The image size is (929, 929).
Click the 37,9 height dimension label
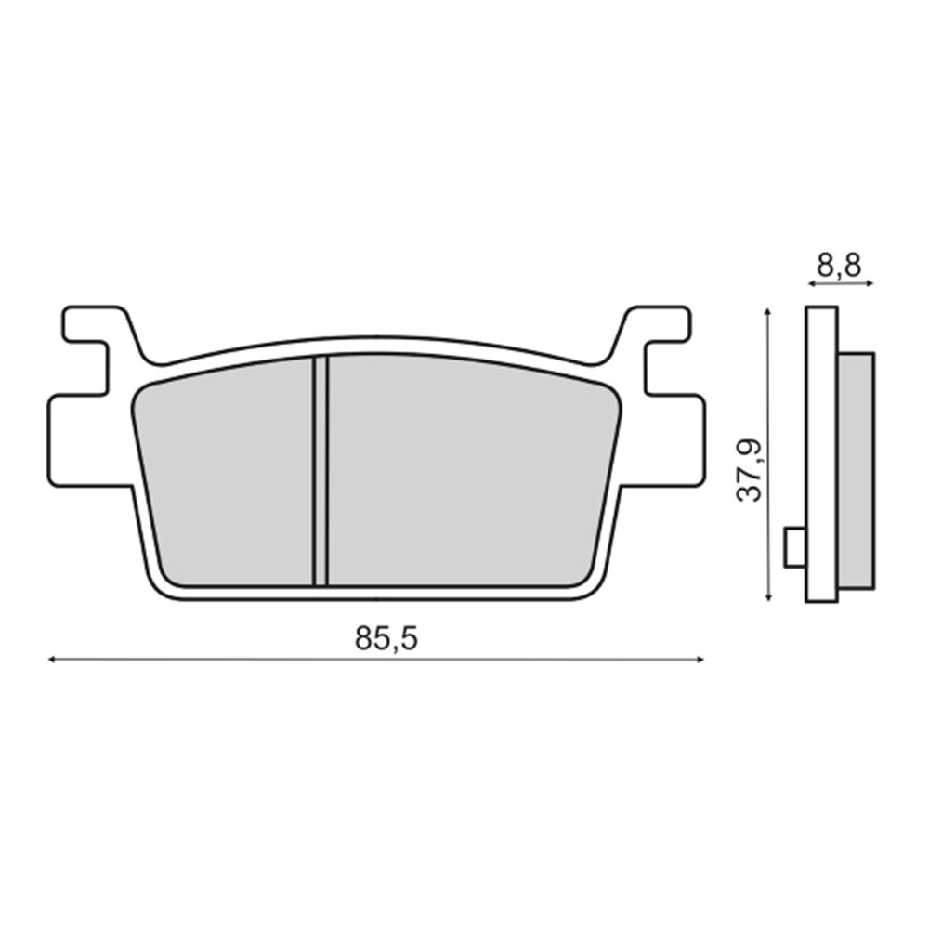point(749,470)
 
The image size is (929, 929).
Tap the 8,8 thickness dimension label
point(839,266)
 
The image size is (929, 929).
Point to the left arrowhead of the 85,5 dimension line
point(51,659)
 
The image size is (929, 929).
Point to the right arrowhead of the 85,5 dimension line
point(700,659)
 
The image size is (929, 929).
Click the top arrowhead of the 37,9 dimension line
point(768,311)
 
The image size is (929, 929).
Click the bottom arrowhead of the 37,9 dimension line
point(768,597)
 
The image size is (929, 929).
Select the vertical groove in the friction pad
point(320,471)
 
